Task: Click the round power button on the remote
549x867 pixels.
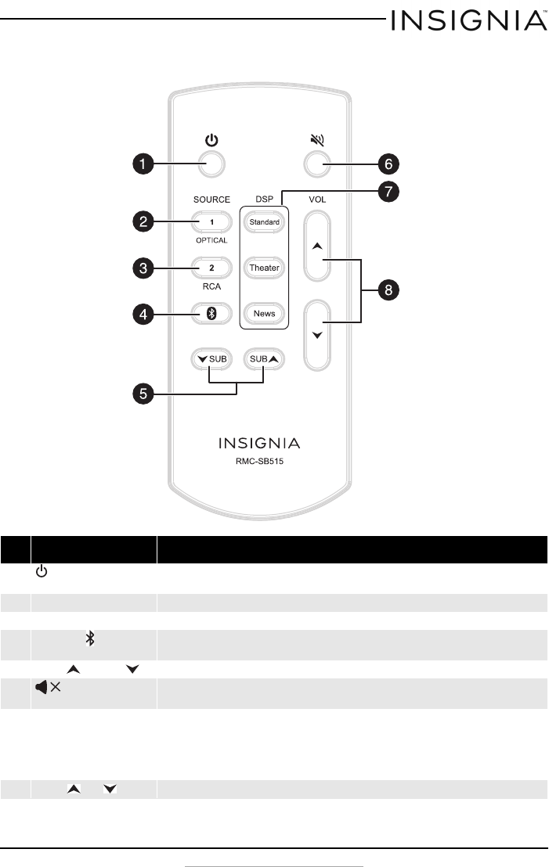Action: coord(211,164)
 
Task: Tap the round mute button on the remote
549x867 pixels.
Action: coord(316,164)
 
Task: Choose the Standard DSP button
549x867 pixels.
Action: coord(265,222)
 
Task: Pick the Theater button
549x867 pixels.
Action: coord(265,268)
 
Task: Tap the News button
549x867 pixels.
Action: coord(265,314)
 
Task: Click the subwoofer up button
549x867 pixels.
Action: coord(263,359)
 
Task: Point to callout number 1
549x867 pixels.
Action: coord(141,164)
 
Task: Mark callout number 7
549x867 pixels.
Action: coord(387,191)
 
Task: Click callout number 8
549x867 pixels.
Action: coord(387,290)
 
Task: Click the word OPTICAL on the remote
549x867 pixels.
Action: coord(211,240)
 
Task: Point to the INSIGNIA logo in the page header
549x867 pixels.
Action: coord(470,20)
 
